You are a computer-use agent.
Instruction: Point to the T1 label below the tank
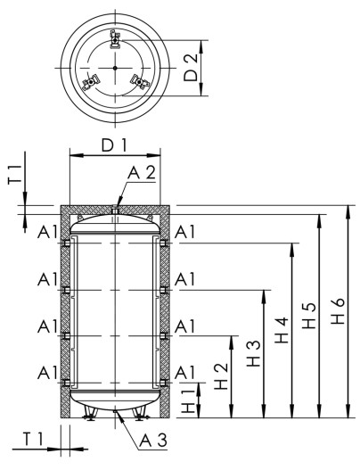tap(32, 439)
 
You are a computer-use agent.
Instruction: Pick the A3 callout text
tap(152, 440)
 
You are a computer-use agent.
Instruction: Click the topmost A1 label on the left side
tap(47, 233)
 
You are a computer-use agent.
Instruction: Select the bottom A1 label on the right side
tap(185, 372)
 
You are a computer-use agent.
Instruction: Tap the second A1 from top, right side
tap(185, 279)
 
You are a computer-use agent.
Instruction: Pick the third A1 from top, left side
tap(47, 326)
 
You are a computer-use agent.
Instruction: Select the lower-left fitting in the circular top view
tap(89, 84)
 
